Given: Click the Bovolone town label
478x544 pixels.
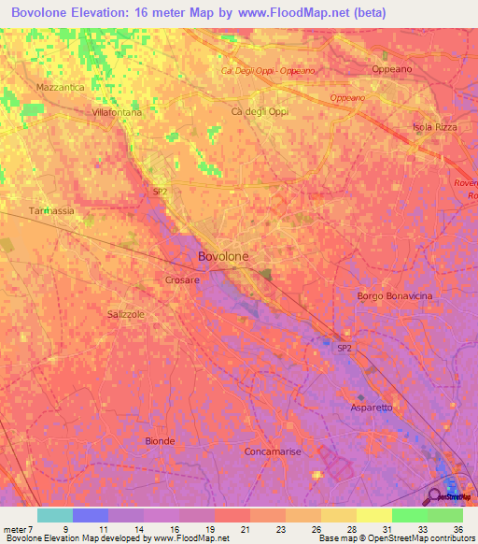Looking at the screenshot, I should click(223, 256).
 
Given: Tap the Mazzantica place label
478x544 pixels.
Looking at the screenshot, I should click(60, 87).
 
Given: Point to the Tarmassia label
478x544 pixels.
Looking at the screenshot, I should click(51, 211).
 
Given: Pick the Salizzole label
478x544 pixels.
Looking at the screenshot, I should click(126, 315).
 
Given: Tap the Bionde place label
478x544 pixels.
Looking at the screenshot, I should click(161, 440).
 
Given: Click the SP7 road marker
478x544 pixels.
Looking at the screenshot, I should click(160, 192).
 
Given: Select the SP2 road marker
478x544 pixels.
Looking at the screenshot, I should click(344, 348).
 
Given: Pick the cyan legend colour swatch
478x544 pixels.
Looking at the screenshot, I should click(55, 515).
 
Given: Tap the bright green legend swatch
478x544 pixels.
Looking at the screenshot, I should click(409, 515).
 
